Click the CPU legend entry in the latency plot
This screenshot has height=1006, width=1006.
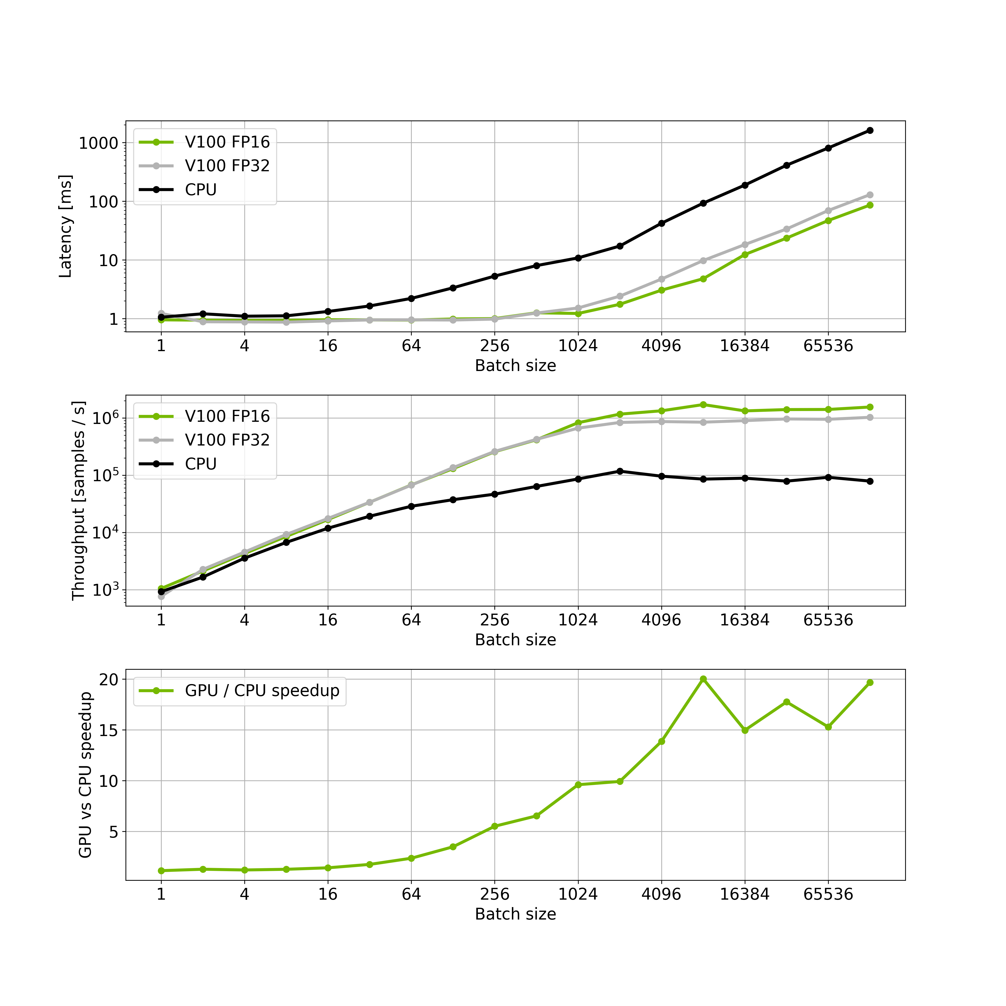[x=200, y=189]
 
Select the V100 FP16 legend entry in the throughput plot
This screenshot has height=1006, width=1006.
[x=227, y=416]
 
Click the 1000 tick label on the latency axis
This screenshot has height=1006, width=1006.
[x=98, y=143]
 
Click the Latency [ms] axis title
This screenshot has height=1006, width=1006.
[x=65, y=227]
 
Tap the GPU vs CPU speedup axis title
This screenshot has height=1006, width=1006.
[x=85, y=774]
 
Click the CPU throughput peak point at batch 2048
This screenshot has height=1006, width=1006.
[x=620, y=471]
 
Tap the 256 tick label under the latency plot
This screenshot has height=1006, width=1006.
[x=495, y=346]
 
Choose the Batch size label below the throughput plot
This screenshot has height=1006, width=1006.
[x=515, y=640]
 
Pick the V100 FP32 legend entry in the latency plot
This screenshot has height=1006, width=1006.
[x=227, y=166]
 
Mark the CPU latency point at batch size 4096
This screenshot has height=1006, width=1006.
[x=661, y=223]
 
